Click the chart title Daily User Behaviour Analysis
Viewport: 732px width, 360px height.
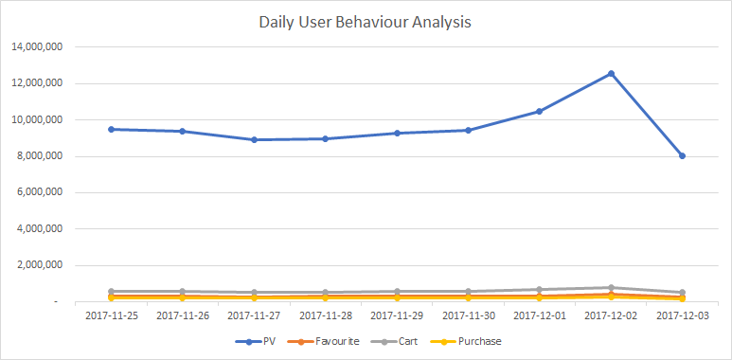[366, 20]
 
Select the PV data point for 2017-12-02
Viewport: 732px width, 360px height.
[611, 73]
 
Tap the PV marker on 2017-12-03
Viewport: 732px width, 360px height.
[682, 155]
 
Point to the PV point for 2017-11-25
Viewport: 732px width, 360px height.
[112, 129]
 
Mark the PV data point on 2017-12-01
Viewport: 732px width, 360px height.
[540, 111]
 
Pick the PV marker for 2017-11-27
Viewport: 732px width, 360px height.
[255, 139]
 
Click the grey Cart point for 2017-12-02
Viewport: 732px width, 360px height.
[611, 287]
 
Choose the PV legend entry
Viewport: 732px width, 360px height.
[265, 341]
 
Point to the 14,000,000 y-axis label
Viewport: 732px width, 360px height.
[36, 46]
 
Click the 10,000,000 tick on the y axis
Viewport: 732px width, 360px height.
[36, 119]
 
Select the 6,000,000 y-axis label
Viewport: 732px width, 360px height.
[39, 192]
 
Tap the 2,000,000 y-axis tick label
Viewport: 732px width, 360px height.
[39, 265]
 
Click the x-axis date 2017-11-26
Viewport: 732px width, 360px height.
[183, 315]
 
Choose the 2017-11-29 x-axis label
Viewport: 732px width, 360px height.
[397, 315]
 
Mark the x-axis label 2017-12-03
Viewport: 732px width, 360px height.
[682, 315]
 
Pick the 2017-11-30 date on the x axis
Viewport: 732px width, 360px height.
[468, 315]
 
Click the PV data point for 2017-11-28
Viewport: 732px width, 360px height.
[326, 138]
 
